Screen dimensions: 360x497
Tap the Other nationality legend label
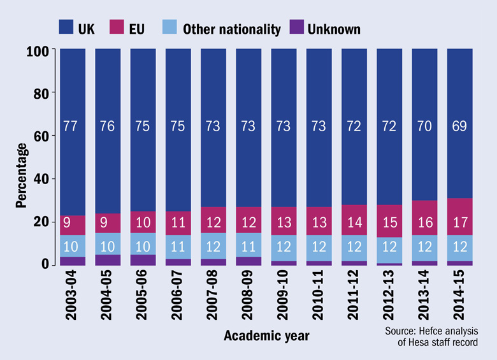point(231,28)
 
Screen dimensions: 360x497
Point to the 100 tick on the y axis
point(38,51)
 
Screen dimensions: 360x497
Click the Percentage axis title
point(22,175)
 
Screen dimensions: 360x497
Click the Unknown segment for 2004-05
point(108,259)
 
